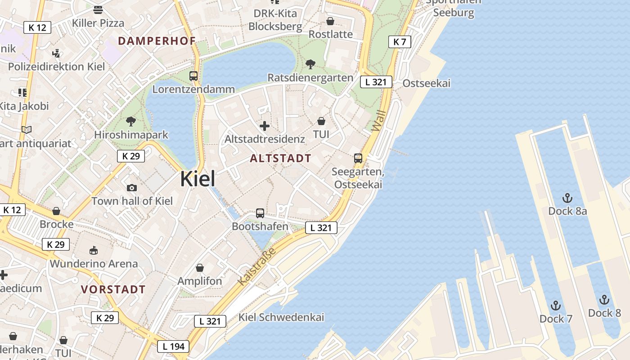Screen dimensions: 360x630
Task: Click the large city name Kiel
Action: (198, 179)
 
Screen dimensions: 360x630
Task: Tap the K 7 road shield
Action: (400, 42)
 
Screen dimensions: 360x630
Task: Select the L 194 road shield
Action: (173, 346)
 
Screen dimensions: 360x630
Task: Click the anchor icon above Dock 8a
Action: (567, 198)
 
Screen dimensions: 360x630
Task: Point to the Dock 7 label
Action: (556, 319)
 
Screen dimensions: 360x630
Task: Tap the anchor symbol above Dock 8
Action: (604, 300)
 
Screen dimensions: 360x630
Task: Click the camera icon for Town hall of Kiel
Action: (132, 188)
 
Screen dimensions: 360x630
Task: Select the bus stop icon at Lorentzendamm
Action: (193, 76)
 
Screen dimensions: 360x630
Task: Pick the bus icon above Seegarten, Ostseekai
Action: (358, 158)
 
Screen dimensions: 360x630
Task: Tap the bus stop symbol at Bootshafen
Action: (260, 213)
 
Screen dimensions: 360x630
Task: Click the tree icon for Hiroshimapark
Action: (131, 121)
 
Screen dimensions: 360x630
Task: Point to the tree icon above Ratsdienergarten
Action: (310, 64)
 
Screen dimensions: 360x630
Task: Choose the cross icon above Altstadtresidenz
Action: (265, 126)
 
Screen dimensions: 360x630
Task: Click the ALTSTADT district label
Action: (280, 158)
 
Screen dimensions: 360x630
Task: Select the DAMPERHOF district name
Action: (157, 41)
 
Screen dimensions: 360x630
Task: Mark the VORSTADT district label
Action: (113, 289)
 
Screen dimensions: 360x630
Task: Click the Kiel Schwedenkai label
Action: (281, 317)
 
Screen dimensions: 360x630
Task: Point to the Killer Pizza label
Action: (98, 23)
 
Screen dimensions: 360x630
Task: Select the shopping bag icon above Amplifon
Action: (200, 268)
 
